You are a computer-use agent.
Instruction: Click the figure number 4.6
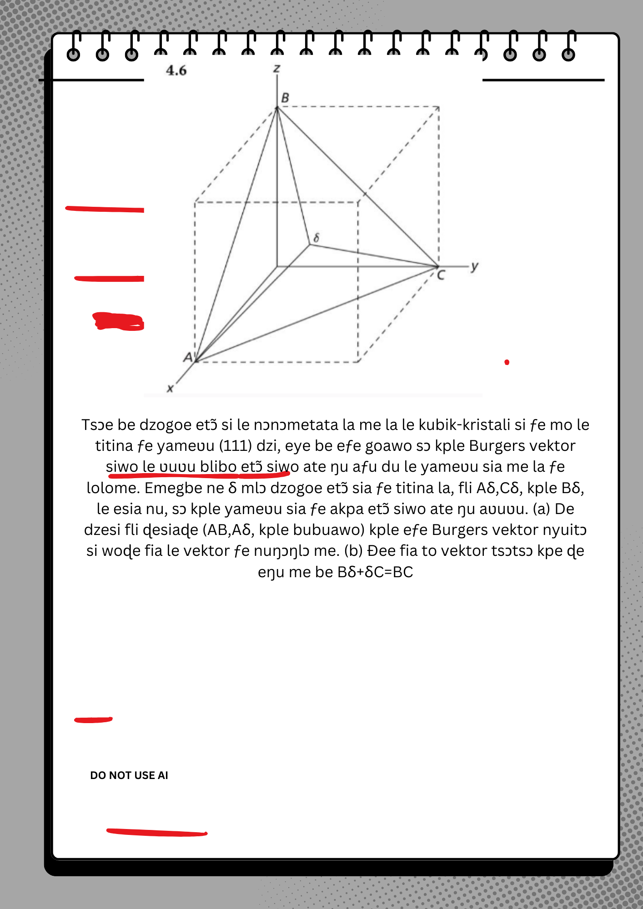[176, 70]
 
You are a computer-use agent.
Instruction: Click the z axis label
[276, 69]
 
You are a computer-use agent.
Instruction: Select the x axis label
[170, 389]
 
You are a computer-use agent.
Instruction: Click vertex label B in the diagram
[285, 98]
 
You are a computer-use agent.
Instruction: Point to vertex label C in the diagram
[441, 275]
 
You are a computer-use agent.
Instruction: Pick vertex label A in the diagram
[188, 357]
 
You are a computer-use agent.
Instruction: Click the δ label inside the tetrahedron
[316, 237]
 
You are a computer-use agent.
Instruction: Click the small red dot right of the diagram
[507, 362]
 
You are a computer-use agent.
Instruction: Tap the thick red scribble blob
[118, 321]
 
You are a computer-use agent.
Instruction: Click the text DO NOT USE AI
[129, 775]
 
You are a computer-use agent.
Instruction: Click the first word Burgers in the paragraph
[494, 446]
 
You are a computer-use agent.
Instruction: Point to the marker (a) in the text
[542, 509]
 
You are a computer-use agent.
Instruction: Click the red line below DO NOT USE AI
[157, 832]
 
